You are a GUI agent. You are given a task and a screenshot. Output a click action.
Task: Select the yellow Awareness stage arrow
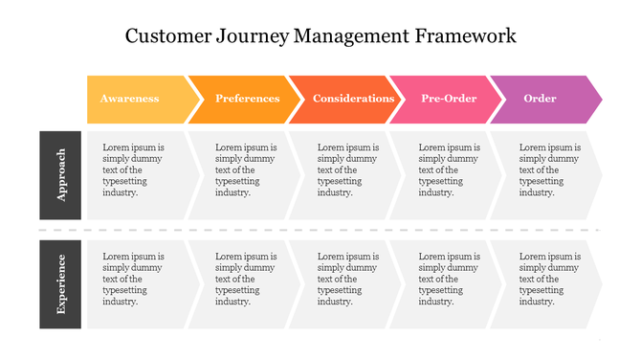[130, 99]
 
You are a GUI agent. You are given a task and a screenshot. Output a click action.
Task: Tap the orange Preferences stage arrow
[247, 99]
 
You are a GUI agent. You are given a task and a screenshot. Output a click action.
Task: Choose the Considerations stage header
[353, 99]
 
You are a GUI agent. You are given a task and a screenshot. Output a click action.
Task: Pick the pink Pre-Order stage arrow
[449, 99]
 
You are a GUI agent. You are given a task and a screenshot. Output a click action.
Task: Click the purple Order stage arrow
[541, 99]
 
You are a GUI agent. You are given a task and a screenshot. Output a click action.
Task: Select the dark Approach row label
[61, 175]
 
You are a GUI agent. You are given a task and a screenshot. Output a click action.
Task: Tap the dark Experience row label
[61, 283]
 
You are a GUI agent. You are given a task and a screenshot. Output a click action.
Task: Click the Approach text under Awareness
[134, 170]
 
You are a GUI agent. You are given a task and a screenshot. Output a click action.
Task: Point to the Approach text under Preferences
[246, 170]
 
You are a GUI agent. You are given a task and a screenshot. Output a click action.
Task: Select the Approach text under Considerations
[348, 170]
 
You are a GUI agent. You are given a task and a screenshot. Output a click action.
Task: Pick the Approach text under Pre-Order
[450, 170]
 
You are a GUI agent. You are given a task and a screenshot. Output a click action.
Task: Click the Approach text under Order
[549, 170]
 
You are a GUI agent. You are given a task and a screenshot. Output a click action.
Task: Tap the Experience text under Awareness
[134, 279]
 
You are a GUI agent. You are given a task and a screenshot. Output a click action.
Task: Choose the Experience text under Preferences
[246, 279]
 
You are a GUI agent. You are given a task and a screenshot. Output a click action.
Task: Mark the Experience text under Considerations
[348, 279]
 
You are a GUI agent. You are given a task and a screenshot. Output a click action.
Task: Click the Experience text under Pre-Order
[450, 279]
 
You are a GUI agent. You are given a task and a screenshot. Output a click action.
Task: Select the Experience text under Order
[549, 279]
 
